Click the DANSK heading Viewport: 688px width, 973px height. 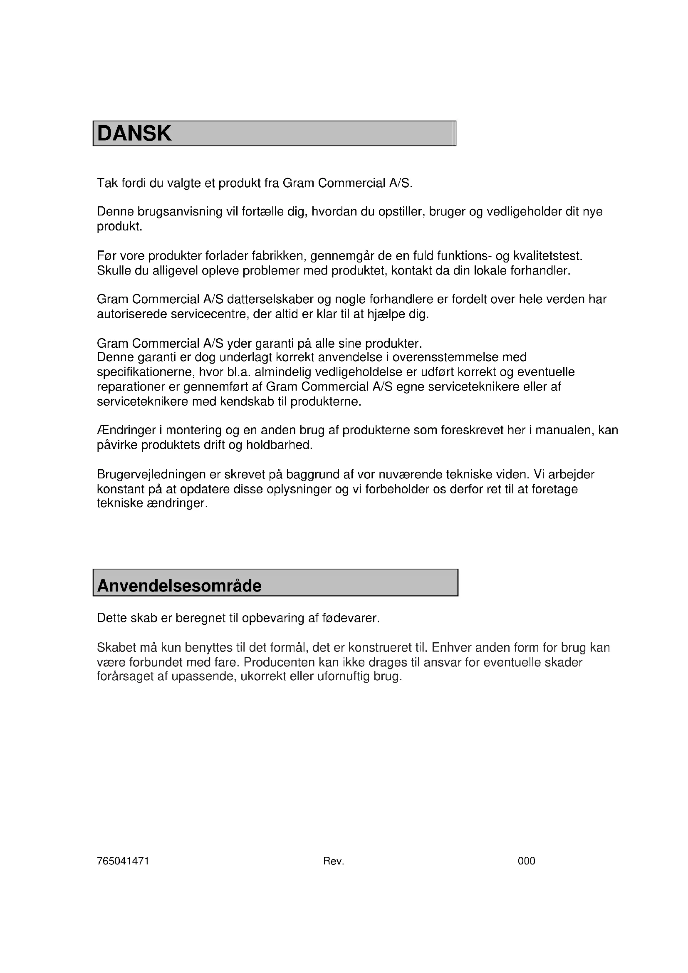click(x=134, y=134)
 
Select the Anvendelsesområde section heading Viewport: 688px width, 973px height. click(x=179, y=586)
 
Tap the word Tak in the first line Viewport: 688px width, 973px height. click(x=107, y=183)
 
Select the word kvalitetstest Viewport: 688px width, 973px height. click(x=548, y=256)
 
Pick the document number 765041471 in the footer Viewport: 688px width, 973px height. click(x=123, y=861)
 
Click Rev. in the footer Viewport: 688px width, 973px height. click(x=334, y=861)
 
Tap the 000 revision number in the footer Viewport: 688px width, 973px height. click(x=526, y=861)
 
